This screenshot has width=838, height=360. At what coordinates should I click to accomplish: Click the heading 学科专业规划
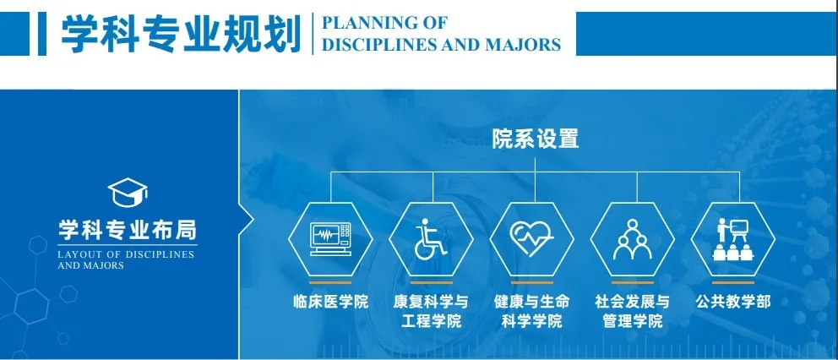[x=181, y=34]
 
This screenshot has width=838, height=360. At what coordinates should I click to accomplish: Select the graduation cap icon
[x=128, y=193]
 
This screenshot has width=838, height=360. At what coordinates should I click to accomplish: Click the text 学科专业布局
[x=128, y=231]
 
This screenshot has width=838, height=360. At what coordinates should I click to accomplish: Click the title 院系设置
[x=535, y=139]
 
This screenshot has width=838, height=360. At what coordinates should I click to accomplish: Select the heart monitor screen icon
[x=330, y=239]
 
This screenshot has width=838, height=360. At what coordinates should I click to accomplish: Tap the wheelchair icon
[x=430, y=239]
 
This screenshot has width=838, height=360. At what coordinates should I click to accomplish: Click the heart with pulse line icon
[x=531, y=238]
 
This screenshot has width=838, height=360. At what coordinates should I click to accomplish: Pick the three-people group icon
[x=632, y=239]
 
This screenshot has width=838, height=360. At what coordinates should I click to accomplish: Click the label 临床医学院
[x=331, y=303]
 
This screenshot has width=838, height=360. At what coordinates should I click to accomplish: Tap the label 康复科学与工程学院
[x=431, y=312]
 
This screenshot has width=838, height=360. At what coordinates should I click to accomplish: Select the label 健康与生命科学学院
[x=531, y=312]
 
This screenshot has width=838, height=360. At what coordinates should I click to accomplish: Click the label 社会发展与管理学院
[x=632, y=312]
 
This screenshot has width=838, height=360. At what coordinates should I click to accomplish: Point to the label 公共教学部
[x=732, y=303]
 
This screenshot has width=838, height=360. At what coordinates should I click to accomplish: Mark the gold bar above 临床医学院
[x=330, y=282]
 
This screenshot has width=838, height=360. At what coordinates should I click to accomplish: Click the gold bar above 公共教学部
[x=733, y=282]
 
